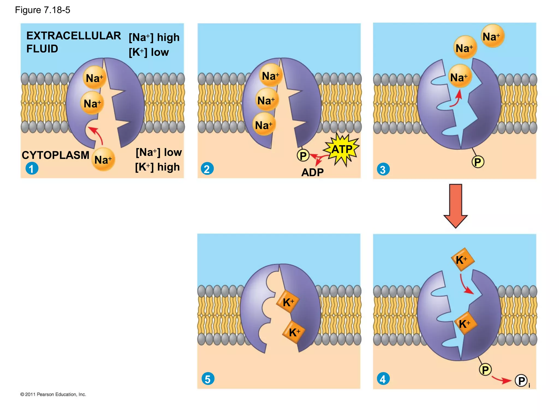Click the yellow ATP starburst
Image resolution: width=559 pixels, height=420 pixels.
(341, 149)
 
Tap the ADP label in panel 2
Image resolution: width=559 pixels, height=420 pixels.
(312, 172)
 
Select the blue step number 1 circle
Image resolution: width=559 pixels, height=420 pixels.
(32, 168)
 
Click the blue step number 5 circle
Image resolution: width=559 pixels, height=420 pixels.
(208, 379)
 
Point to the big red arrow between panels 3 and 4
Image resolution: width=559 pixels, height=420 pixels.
(456, 206)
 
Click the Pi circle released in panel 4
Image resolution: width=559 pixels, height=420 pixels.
(521, 381)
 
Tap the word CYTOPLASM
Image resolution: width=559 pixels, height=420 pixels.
(55, 155)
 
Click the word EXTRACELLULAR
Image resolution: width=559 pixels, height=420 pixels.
(73, 36)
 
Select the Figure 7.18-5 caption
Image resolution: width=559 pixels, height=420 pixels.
(43, 10)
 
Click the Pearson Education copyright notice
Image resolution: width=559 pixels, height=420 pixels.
(53, 394)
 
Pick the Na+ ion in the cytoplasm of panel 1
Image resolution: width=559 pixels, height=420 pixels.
(103, 160)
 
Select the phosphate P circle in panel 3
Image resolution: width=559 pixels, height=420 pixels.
(478, 162)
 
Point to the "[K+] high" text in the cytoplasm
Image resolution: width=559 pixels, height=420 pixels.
(157, 167)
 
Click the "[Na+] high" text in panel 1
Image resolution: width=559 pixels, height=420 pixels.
(154, 37)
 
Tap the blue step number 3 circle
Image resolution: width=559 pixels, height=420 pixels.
(383, 169)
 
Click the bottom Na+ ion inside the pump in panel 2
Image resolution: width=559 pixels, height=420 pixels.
(264, 125)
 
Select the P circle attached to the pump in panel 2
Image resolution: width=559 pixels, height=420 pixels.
(303, 156)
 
